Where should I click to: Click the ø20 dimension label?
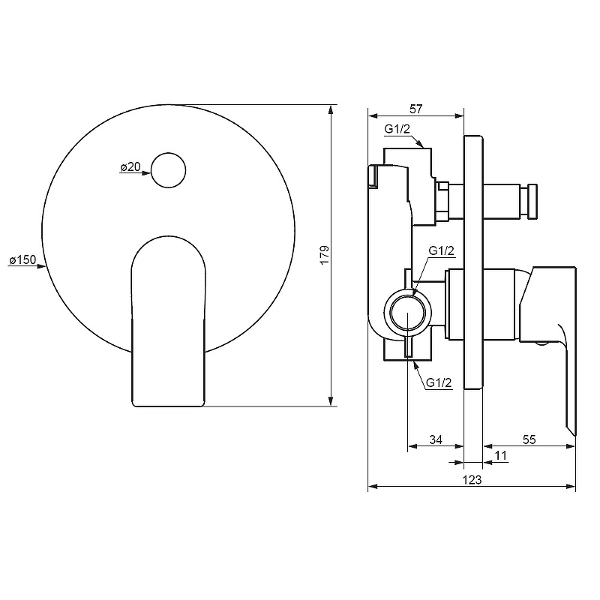[130, 167]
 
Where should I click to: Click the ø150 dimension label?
[22, 260]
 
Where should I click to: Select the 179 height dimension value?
[324, 255]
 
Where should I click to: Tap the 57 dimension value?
[416, 109]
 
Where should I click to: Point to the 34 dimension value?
[435, 440]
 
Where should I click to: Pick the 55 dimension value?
[529, 440]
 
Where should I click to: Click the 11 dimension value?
[502, 455]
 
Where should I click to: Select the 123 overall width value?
[472, 479]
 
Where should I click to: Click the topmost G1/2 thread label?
[397, 129]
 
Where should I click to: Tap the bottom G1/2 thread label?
[439, 383]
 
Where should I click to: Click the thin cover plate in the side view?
[472, 262]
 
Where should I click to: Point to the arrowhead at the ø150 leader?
[42, 266]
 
